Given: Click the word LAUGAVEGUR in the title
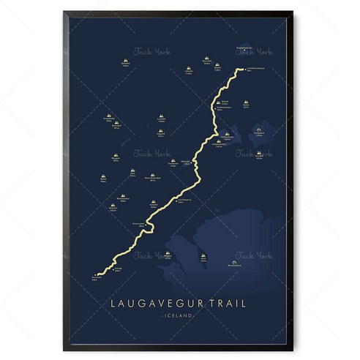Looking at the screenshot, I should (x=155, y=301).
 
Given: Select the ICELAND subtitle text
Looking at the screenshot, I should (x=180, y=315).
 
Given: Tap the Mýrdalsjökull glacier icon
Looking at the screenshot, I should (x=234, y=261).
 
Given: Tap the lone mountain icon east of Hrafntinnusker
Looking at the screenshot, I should (x=246, y=103).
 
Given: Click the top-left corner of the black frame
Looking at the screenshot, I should (x=64, y=12).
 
